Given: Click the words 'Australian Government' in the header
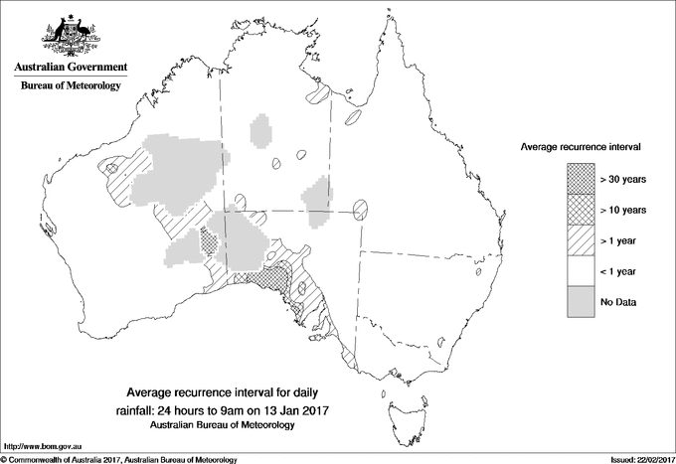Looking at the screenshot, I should pyautogui.click(x=70, y=68).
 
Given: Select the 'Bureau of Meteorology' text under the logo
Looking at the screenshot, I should pyautogui.click(x=70, y=86).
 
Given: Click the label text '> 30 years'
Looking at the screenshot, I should pyautogui.click(x=623, y=180).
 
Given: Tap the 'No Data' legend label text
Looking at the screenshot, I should pyautogui.click(x=618, y=301).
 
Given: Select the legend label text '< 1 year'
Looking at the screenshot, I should pyautogui.click(x=620, y=270).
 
